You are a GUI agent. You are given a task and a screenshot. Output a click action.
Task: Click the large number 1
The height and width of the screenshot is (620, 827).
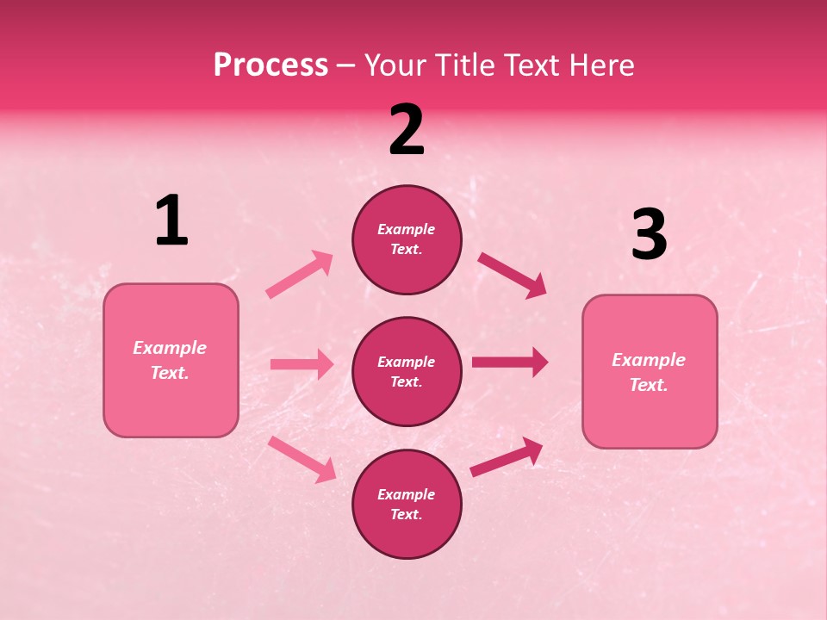pyautogui.click(x=171, y=221)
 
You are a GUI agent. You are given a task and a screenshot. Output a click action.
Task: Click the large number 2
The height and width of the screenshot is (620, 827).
pyautogui.click(x=407, y=130)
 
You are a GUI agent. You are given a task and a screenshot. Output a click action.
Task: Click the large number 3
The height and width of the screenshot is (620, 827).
pyautogui.click(x=649, y=235)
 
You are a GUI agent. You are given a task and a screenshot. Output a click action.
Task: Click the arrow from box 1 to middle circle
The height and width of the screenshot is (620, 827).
pyautogui.click(x=302, y=364)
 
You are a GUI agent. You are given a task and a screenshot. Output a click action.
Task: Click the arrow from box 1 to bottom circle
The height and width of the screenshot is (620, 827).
pyautogui.click(x=302, y=458)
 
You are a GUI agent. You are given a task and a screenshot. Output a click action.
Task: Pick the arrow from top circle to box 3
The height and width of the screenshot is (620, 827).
pyautogui.click(x=512, y=276)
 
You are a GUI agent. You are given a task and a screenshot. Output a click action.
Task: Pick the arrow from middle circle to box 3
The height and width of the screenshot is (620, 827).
pyautogui.click(x=509, y=362)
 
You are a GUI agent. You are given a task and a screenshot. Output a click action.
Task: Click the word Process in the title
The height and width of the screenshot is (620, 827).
pyautogui.click(x=270, y=65)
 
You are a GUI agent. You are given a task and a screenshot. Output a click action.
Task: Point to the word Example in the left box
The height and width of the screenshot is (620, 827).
pyautogui.click(x=170, y=348)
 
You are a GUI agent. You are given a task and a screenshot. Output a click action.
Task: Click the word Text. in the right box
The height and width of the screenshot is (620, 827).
pyautogui.click(x=649, y=385)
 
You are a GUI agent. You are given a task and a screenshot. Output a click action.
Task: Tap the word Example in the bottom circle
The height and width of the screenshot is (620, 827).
pyautogui.click(x=407, y=494)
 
